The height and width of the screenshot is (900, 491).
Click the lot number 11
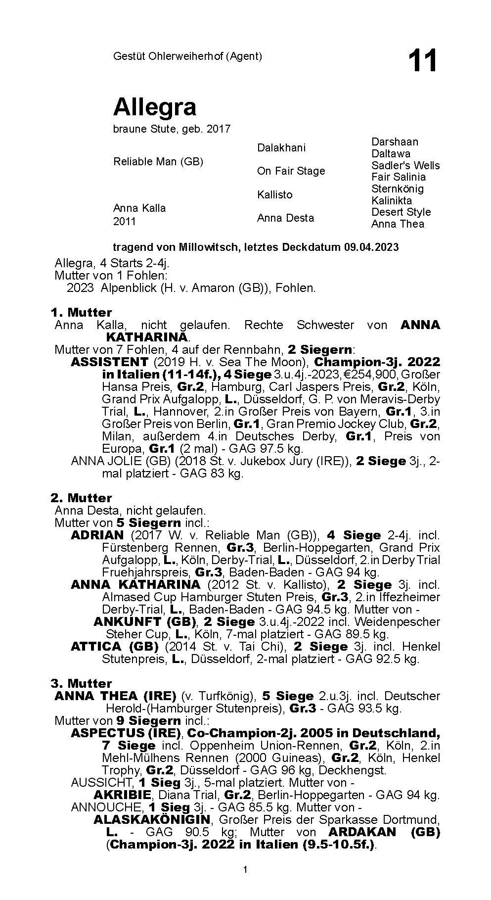422,61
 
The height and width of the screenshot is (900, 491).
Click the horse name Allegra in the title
155,106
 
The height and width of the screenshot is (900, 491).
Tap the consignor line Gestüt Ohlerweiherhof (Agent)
187,56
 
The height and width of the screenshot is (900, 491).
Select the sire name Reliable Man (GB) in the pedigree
158,162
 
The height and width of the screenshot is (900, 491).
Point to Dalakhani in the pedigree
281,147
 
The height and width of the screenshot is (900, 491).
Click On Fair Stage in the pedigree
291,171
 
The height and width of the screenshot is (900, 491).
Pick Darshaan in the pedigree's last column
395,142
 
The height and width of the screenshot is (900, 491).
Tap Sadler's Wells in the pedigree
405,165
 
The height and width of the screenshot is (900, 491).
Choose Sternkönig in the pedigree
398,189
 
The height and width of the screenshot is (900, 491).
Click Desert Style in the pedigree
401,212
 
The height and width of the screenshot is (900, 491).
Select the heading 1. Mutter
81,313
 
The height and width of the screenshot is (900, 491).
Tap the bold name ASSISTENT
109,362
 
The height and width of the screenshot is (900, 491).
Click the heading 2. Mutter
81,498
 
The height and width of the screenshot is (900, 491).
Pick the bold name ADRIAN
97,535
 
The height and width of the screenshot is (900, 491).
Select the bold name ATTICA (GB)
114,646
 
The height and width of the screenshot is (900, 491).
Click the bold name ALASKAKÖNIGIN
152,819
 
